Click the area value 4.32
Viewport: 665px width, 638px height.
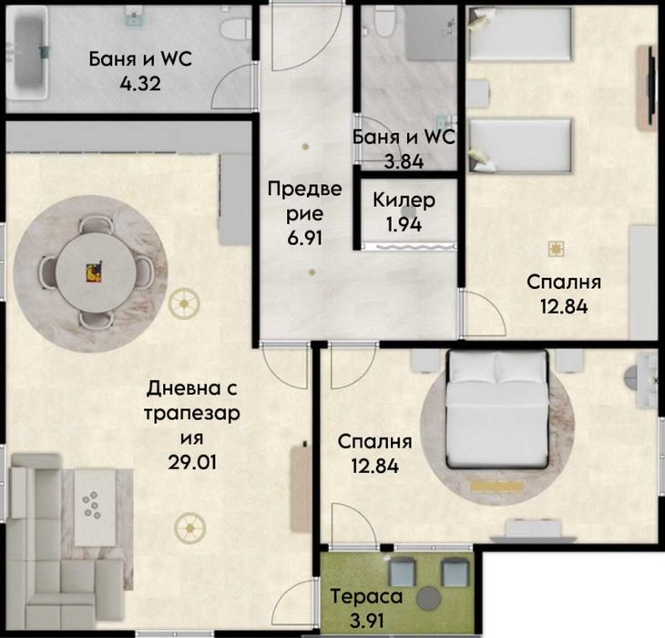[x=140, y=84]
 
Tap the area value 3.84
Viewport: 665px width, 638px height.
[x=404, y=161]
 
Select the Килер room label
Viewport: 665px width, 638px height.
[x=404, y=200]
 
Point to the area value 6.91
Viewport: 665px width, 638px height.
[x=305, y=238]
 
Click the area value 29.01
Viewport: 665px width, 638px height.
[x=192, y=461]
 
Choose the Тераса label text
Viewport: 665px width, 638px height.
[x=366, y=596]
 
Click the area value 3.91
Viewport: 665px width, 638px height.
[x=366, y=621]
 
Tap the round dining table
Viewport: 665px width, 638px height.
[x=96, y=273]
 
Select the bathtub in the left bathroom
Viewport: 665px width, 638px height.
[x=28, y=54]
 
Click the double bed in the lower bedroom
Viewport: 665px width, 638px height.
[x=497, y=409]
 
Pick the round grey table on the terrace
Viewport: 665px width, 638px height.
[x=429, y=598]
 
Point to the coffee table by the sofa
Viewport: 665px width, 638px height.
[x=95, y=508]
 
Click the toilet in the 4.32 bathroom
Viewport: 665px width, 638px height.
[x=235, y=27]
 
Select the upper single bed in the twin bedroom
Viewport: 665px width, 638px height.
[x=520, y=33]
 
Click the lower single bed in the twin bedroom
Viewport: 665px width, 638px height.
[x=520, y=145]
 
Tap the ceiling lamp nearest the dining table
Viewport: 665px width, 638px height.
[x=184, y=304]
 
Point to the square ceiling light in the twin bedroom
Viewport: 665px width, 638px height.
[x=556, y=249]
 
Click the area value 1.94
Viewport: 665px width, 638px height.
[x=404, y=224]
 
